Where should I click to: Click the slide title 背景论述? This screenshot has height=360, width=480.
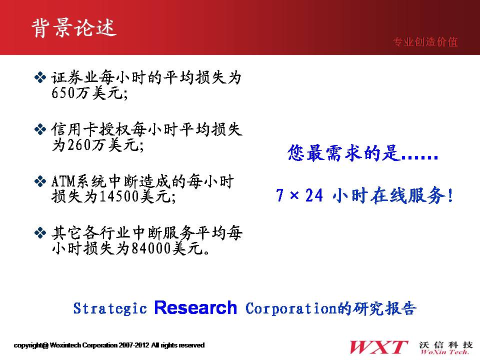pos(74,28)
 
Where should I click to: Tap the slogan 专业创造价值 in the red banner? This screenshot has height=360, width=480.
pos(425,42)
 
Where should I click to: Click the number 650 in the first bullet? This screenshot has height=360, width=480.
pos(63,92)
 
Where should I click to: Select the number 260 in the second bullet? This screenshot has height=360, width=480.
pos(79,144)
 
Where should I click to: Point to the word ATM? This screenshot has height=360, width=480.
pos(63,181)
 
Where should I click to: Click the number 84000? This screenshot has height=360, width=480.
pos(151,248)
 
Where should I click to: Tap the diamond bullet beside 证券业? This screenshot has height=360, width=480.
pos(40,77)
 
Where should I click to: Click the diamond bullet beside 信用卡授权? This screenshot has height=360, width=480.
pos(40,129)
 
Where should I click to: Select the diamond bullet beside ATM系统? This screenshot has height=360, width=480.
pos(40,181)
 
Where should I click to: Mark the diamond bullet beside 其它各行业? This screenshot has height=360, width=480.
pos(40,233)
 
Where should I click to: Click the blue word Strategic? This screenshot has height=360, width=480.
pos(110,308)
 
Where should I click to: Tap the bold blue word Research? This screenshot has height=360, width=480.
pos(195,307)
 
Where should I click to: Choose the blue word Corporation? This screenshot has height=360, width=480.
pos(291,308)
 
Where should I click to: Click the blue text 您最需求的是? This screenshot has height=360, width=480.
pos(344,153)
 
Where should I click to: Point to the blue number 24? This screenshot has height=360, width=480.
pos(314,195)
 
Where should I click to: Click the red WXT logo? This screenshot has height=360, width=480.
pos(378,347)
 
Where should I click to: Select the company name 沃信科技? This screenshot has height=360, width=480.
pos(446,345)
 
